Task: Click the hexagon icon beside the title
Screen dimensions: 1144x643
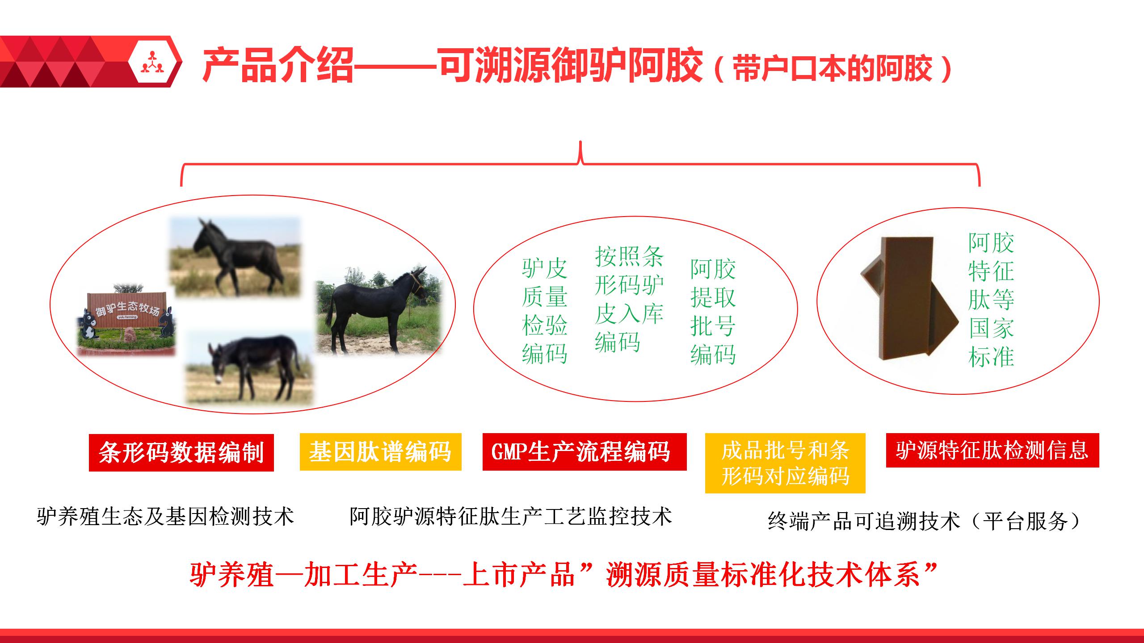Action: pos(155,62)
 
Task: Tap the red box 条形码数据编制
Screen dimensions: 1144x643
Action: pos(181,452)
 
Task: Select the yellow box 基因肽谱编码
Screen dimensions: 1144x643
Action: pos(380,451)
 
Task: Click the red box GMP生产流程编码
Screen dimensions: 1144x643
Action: pos(584,451)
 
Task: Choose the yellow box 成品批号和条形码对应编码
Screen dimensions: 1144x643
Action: pos(785,463)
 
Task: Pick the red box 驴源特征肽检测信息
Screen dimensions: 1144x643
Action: pos(992,450)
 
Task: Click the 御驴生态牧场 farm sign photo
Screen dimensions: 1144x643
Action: pos(127,320)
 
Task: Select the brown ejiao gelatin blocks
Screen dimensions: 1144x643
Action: pos(909,298)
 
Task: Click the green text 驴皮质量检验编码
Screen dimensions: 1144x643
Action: pos(544,311)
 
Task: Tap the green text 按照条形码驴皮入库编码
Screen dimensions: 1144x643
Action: pos(629,299)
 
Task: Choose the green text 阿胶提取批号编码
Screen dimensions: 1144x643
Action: pos(713,311)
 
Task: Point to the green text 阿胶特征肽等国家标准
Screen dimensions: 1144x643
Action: pos(991,299)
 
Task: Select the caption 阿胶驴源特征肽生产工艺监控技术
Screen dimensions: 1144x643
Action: pos(511,517)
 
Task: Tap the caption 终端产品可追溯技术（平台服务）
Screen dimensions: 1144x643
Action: pos(924,521)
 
